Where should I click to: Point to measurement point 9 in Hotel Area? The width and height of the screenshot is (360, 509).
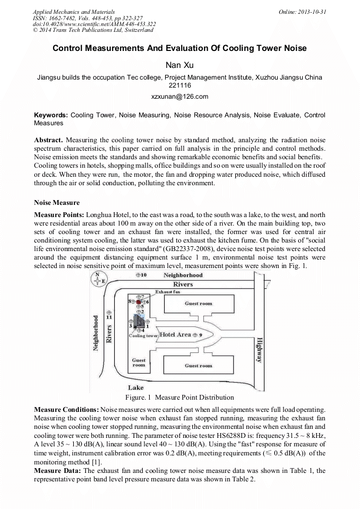pyautogui.click(x=195, y=335)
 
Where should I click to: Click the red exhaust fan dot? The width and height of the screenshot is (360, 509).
pyautogui.click(x=139, y=301)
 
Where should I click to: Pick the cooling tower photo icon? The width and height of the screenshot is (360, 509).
pyautogui.click(x=139, y=322)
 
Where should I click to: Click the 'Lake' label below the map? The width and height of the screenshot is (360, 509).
pyautogui.click(x=135, y=387)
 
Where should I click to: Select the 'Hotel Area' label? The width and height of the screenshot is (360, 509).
pyautogui.click(x=175, y=335)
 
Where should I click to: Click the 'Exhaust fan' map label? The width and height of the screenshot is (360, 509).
pyautogui.click(x=168, y=292)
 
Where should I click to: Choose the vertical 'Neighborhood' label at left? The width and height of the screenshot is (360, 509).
pyautogui.click(x=96, y=332)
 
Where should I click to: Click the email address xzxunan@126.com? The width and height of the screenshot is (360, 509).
pyautogui.click(x=179, y=97)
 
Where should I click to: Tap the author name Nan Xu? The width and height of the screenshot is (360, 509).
pyautogui.click(x=179, y=65)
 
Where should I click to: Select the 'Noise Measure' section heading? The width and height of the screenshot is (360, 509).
pyautogui.click(x=57, y=203)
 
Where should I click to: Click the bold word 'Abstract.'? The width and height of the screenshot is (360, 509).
pyautogui.click(x=48, y=140)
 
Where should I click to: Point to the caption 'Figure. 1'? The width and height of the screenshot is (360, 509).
pyautogui.click(x=139, y=397)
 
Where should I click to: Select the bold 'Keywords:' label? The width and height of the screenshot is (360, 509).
pyautogui.click(x=51, y=115)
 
